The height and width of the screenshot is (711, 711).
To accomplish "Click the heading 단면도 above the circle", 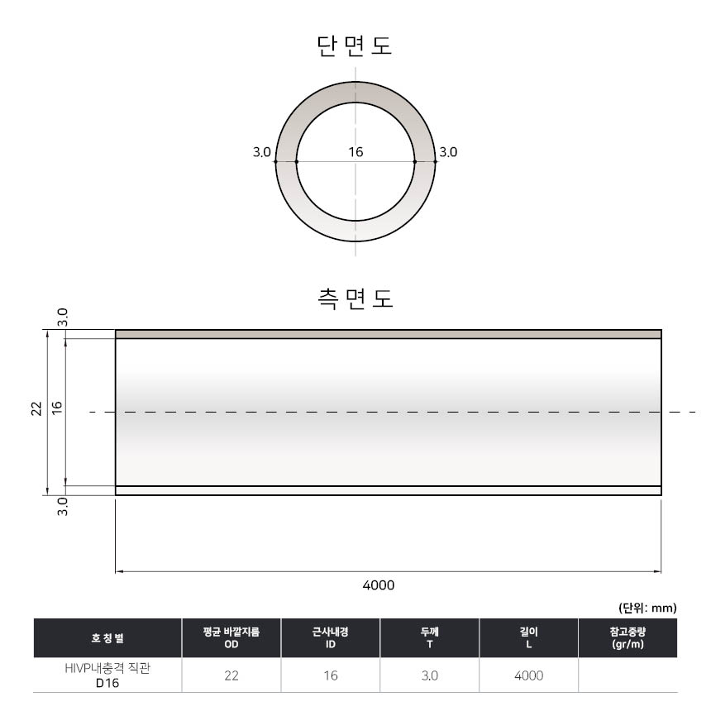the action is pyautogui.click(x=354, y=45).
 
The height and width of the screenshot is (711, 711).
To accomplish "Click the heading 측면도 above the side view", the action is pyautogui.click(x=355, y=298).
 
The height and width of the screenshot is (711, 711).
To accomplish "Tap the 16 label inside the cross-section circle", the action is pyautogui.click(x=356, y=152).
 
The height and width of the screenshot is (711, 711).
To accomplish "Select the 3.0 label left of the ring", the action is pyautogui.click(x=261, y=152).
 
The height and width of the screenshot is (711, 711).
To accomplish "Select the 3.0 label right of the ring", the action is pyautogui.click(x=448, y=152).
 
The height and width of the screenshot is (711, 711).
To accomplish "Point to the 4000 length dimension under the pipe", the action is pyautogui.click(x=379, y=585).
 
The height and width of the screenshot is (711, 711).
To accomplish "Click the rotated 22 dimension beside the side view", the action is pyautogui.click(x=36, y=408).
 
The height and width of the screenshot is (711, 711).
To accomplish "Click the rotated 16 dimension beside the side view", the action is pyautogui.click(x=57, y=408).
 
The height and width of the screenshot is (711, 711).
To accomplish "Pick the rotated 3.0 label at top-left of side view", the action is pyautogui.click(x=63, y=317).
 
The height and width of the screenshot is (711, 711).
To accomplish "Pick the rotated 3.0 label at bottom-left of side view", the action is pyautogui.click(x=63, y=507).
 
